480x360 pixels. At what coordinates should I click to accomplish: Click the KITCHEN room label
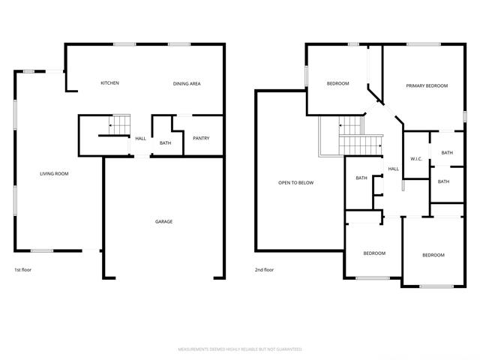[x=110, y=83]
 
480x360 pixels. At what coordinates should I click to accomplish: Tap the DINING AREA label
[x=187, y=83]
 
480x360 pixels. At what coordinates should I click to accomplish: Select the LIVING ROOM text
[x=54, y=173]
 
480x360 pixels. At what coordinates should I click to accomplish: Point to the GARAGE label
[x=163, y=221]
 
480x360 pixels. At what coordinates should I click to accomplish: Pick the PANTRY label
[x=201, y=138]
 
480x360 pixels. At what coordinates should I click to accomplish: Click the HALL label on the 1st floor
[x=141, y=138]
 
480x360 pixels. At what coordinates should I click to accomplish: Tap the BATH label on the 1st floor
[x=165, y=143]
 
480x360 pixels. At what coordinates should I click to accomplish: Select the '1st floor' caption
[x=23, y=270]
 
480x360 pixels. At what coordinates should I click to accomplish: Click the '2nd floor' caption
[x=265, y=270]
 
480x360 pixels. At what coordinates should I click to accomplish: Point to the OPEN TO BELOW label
[x=296, y=183]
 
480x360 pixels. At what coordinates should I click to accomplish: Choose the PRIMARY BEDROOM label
[x=427, y=85]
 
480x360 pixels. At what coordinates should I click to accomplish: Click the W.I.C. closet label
[x=416, y=159]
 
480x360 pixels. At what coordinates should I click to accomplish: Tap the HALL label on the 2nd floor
[x=394, y=169]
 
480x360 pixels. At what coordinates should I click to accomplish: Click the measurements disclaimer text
[x=240, y=349]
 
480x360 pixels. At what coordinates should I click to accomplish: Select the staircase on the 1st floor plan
[x=119, y=125]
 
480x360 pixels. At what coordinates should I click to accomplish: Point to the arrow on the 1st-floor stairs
[x=111, y=125]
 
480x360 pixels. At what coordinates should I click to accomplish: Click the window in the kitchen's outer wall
[x=124, y=44]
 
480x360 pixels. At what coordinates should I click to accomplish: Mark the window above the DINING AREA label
[x=179, y=44]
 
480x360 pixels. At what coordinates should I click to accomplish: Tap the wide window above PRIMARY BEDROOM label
[x=424, y=44]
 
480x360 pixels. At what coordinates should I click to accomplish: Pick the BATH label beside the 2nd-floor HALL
[x=361, y=178]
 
